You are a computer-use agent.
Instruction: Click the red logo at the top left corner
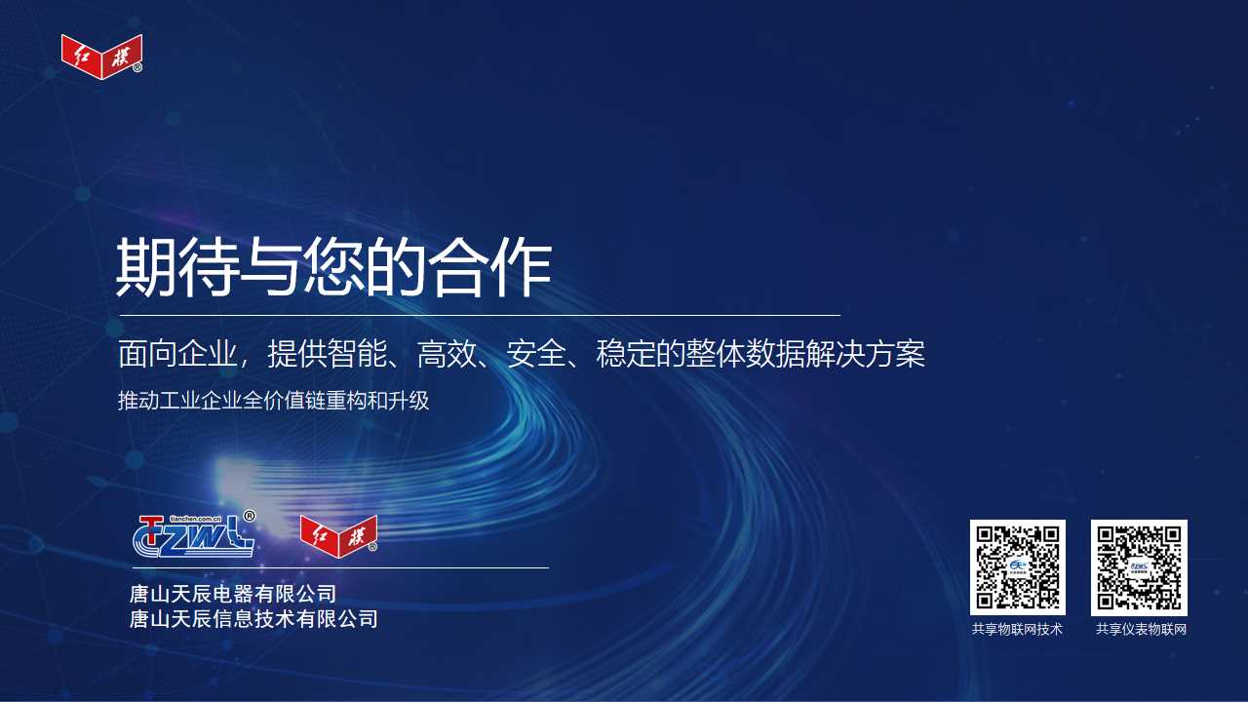101,57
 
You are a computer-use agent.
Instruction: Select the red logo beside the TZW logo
338,536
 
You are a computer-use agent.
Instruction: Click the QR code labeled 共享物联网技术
1017,567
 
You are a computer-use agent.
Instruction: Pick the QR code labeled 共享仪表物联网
1139,567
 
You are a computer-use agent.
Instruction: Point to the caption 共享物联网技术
1017,629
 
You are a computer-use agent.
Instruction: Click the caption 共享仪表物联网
1141,629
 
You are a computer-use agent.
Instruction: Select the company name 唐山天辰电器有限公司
233,594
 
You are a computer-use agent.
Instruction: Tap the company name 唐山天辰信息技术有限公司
253,619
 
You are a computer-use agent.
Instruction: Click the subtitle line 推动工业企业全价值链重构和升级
274,401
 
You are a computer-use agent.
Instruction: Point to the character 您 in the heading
333,266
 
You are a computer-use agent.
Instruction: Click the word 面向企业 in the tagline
177,354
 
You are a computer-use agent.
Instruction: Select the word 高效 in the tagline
447,354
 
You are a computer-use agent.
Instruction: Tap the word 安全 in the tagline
536,354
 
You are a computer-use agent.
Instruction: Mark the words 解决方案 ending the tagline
865,354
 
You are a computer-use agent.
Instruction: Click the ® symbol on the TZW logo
249,516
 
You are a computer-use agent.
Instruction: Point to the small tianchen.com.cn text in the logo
195,519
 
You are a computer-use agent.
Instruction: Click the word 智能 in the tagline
357,354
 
